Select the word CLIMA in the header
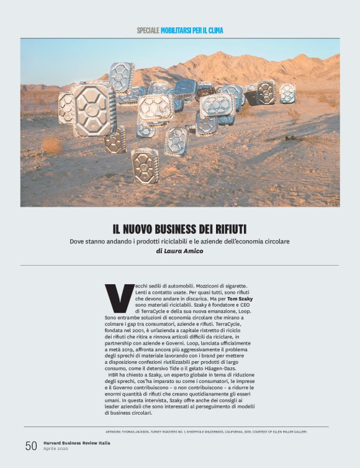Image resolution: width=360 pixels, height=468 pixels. [214, 30]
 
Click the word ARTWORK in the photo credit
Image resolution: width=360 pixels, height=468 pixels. [116, 431]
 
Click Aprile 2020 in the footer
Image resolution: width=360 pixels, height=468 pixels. [56, 449]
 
